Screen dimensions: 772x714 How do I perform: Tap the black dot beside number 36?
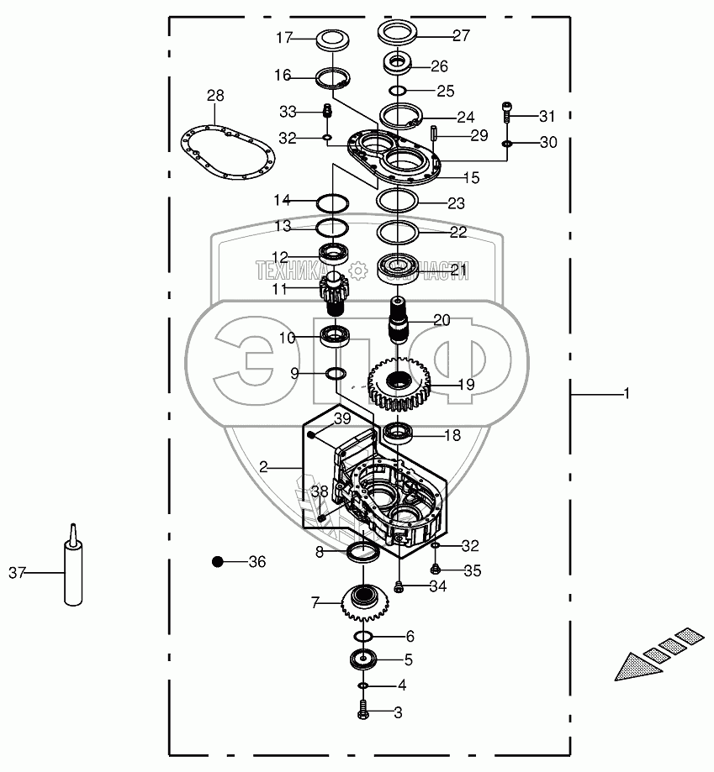(219, 561)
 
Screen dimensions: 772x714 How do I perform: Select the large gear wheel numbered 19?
(399, 385)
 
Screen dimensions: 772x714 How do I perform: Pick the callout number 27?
(461, 35)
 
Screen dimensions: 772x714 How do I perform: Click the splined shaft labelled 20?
(397, 320)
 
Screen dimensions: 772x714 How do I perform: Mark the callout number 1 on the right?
(626, 392)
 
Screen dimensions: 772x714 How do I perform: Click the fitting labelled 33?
(328, 110)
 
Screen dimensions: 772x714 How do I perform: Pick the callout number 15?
(472, 178)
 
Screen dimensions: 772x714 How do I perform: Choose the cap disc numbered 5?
(366, 659)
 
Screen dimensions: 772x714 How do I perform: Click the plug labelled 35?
(436, 570)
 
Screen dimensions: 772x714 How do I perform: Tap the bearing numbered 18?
(398, 434)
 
